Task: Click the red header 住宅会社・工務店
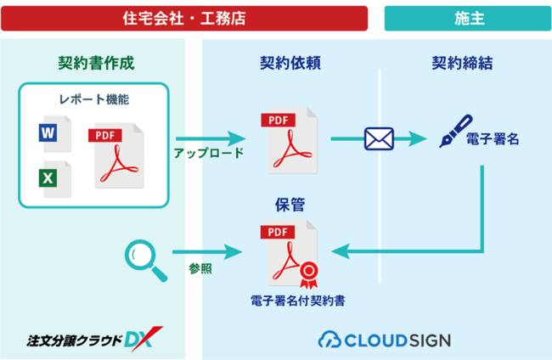[185, 17]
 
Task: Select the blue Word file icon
[48, 134]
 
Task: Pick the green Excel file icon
[48, 178]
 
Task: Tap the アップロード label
[208, 154]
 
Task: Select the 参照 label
[200, 268]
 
